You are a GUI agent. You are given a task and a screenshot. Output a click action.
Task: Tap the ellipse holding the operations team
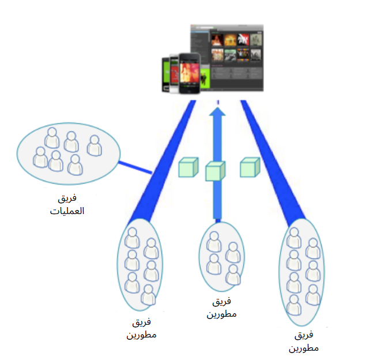click(x=68, y=151)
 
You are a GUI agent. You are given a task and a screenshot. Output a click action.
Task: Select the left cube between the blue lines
click(x=188, y=167)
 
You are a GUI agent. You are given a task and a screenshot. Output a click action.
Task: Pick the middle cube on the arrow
click(x=215, y=171)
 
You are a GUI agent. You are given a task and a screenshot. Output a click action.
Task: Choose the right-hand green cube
click(x=249, y=167)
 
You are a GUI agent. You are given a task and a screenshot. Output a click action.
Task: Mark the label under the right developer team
click(x=304, y=342)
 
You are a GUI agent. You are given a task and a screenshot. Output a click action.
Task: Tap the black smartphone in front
click(x=189, y=74)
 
